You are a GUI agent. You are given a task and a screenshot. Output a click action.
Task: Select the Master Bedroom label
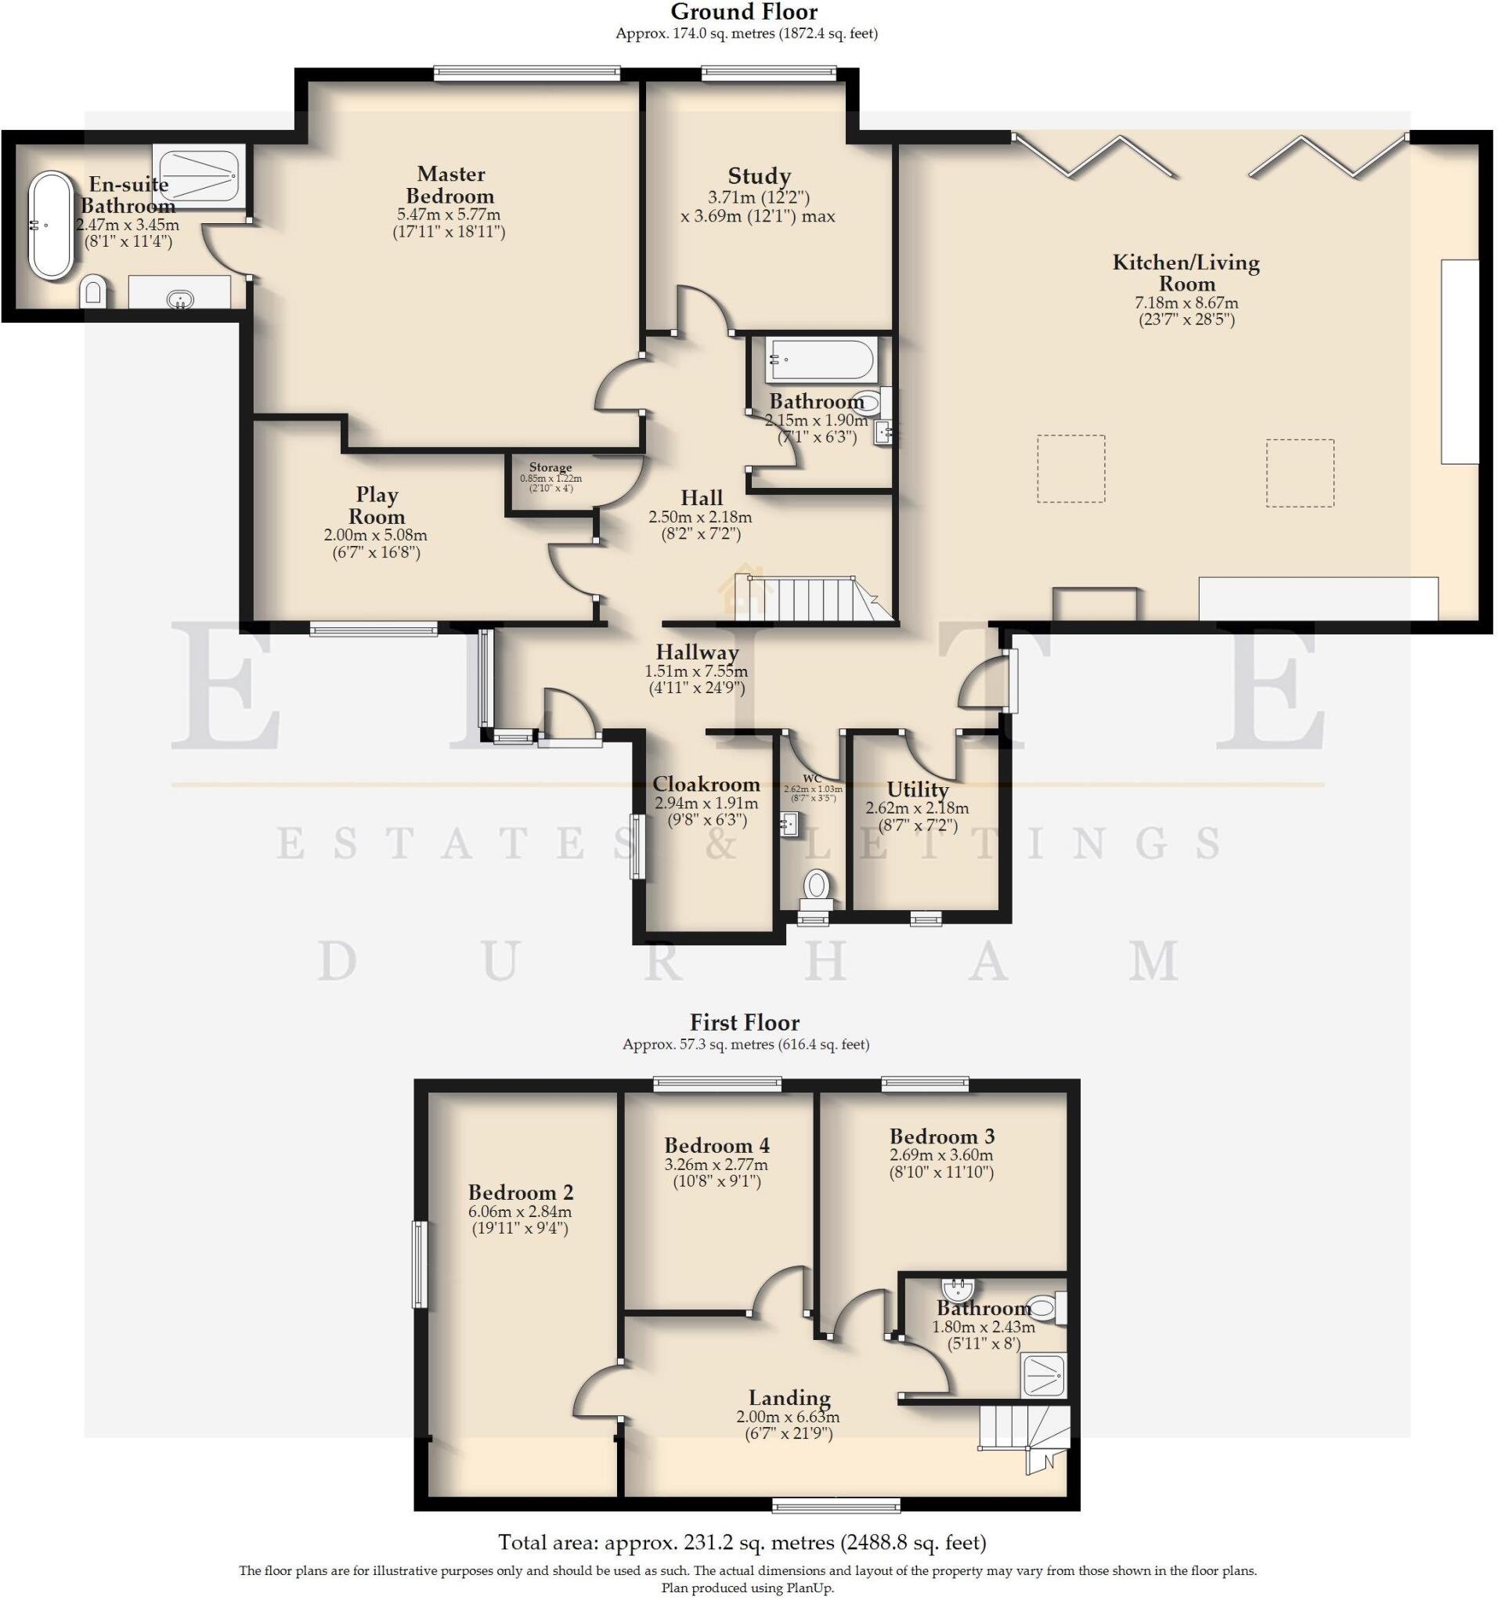tap(450, 185)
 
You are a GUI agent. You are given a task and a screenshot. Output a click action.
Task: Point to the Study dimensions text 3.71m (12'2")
tap(758, 197)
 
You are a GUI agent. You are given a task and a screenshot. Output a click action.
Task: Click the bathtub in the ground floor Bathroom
tap(821, 359)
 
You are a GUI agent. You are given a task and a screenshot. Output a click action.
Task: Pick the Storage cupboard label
tap(550, 467)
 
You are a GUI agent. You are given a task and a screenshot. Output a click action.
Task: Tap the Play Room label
tap(376, 505)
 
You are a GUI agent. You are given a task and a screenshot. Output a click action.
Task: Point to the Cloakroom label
tap(706, 783)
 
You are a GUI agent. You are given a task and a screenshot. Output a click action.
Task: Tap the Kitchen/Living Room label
tap(1186, 273)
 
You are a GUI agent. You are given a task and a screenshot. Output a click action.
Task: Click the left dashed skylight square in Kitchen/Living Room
tap(1070, 469)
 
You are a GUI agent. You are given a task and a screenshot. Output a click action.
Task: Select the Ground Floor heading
tap(744, 12)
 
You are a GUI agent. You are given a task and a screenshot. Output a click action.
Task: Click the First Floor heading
tap(745, 1022)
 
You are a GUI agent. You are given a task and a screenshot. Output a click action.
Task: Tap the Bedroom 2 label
tap(521, 1192)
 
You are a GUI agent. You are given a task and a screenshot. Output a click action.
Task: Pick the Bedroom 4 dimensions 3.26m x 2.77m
tap(717, 1165)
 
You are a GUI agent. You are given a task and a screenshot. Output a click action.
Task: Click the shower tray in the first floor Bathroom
tap(1042, 1375)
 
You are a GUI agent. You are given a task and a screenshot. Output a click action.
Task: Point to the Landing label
tap(789, 1397)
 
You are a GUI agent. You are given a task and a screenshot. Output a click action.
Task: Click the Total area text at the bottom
tap(742, 1542)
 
